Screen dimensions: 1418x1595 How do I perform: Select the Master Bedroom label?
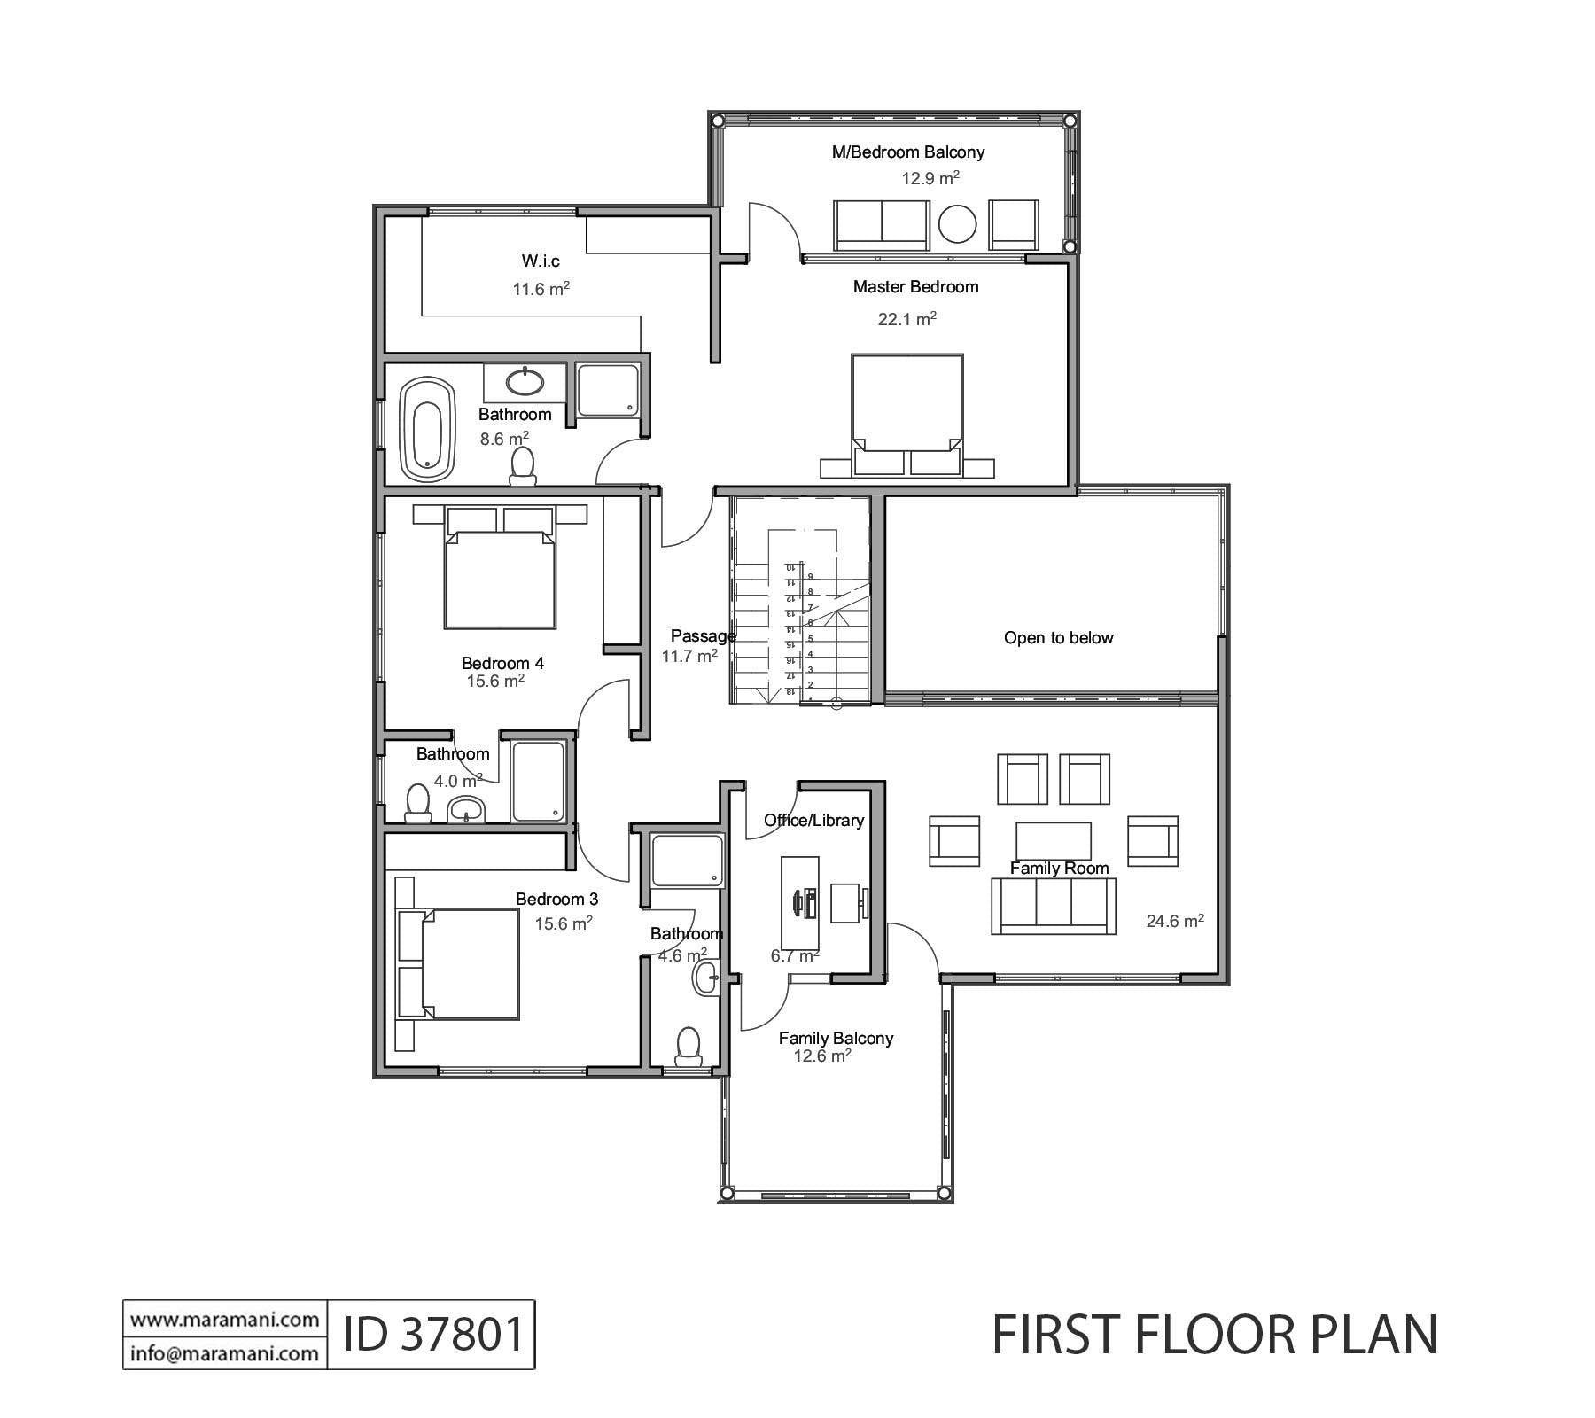click(x=915, y=287)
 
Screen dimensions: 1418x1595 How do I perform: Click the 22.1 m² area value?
click(x=906, y=319)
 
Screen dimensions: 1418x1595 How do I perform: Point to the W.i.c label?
click(x=541, y=261)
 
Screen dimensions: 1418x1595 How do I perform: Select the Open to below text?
click(x=1058, y=638)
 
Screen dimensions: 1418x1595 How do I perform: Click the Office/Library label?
click(x=813, y=821)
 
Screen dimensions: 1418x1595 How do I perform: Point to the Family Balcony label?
click(x=836, y=1038)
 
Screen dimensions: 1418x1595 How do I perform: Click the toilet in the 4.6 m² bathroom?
click(x=689, y=1046)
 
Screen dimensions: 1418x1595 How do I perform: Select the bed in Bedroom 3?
click(x=470, y=964)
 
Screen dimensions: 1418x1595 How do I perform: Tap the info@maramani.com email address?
click(x=224, y=1353)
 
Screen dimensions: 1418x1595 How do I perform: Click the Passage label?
click(x=701, y=635)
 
